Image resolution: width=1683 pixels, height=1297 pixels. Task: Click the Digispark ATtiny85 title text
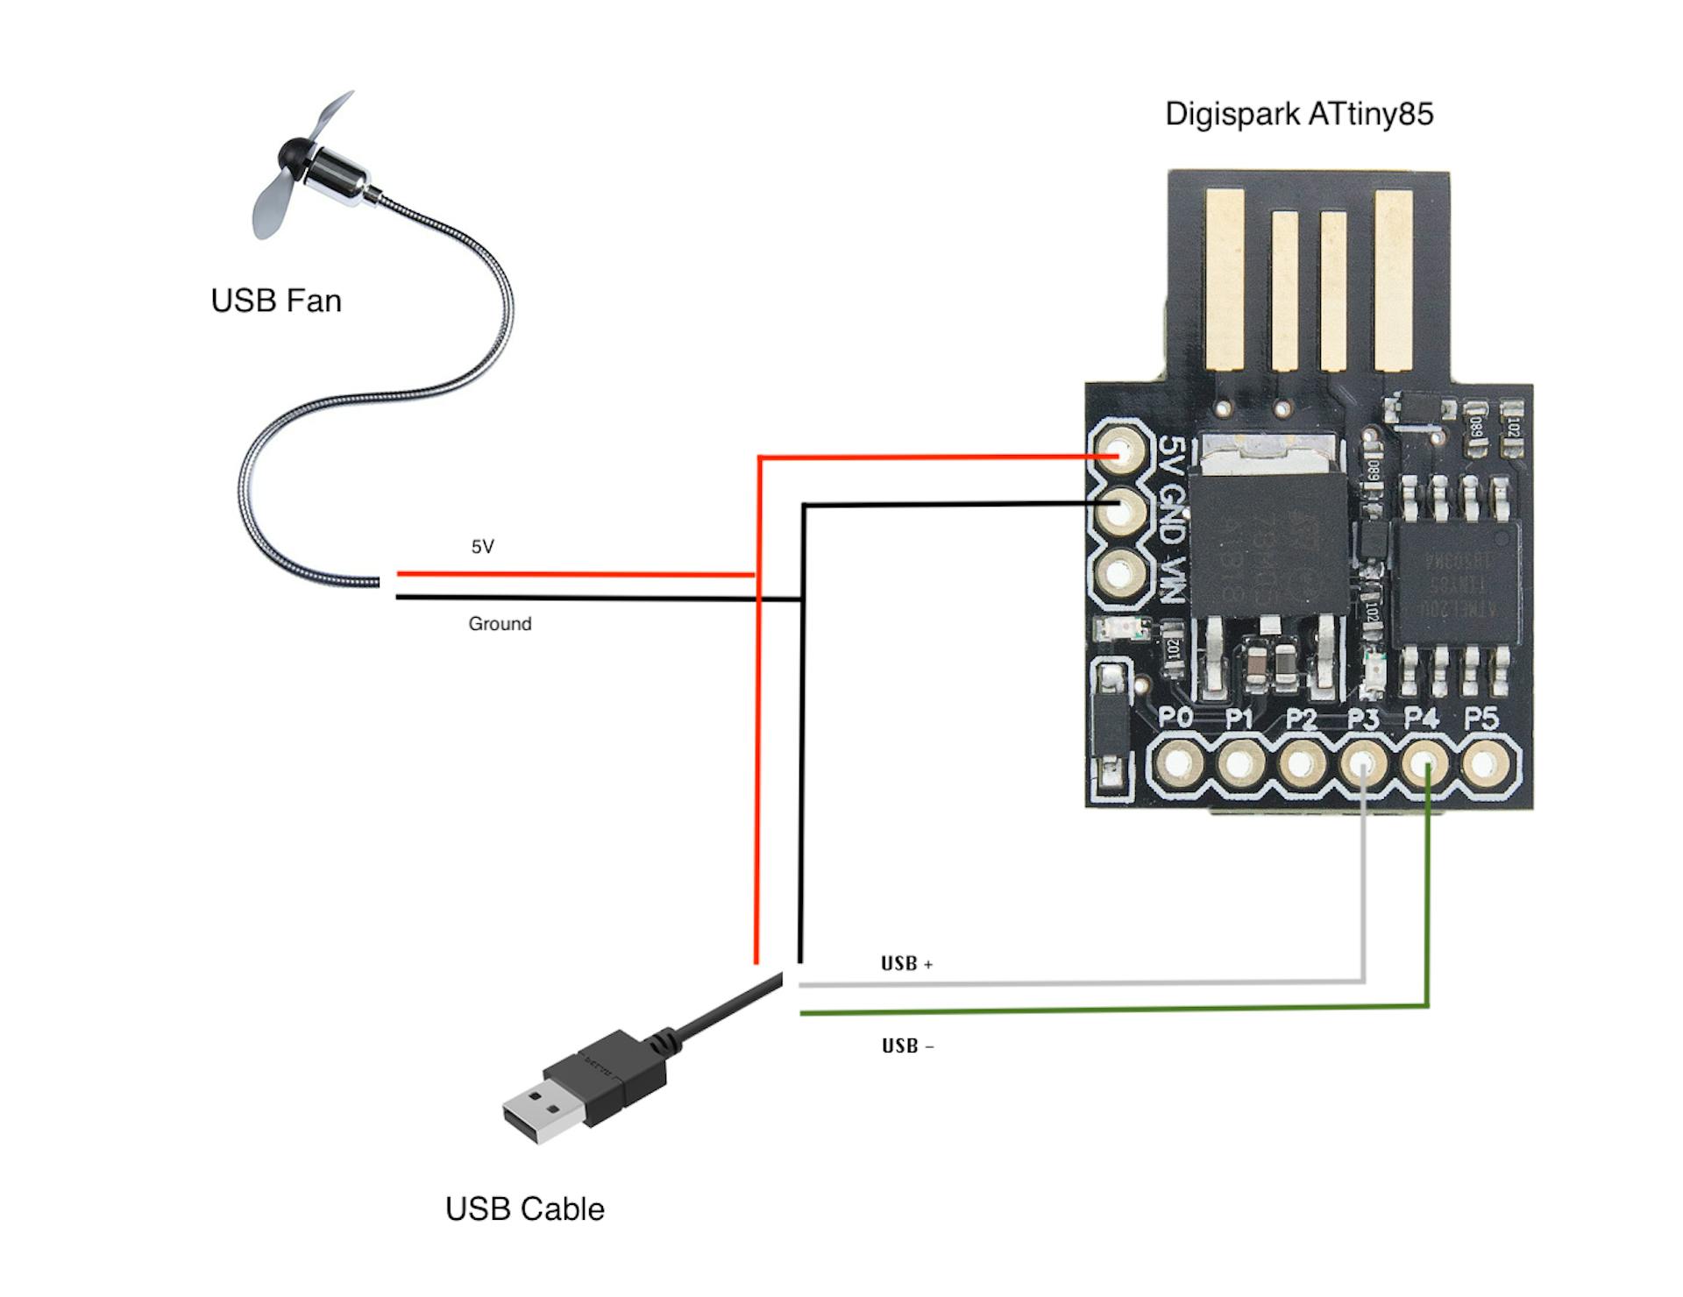(1298, 114)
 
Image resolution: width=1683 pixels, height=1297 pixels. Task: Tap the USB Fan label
(276, 301)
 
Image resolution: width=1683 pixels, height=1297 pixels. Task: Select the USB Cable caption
(524, 1208)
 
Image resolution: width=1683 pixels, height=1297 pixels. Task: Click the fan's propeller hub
(293, 158)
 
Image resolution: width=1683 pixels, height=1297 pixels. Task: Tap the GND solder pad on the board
(1120, 510)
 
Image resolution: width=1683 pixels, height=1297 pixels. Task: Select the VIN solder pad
(1120, 574)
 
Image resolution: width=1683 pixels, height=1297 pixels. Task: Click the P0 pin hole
(1178, 764)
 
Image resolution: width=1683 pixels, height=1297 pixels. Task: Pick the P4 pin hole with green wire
(1424, 764)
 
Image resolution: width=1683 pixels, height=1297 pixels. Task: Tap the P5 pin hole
(1485, 764)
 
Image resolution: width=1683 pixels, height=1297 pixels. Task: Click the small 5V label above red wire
(483, 547)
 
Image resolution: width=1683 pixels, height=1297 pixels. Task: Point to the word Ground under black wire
(500, 624)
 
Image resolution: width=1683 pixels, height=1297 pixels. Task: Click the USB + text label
(906, 964)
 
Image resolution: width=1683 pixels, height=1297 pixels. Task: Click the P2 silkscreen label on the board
(1301, 719)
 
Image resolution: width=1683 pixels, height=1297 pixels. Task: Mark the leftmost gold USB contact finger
(1225, 279)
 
